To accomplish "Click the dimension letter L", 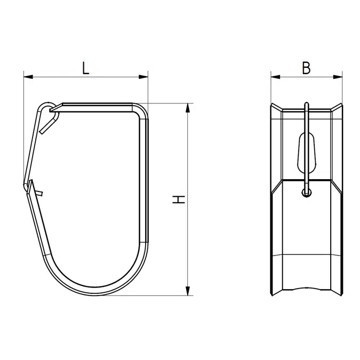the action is pyautogui.click(x=86, y=68).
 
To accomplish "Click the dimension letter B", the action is pyautogui.click(x=307, y=68).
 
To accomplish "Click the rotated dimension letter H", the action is pyautogui.click(x=179, y=199).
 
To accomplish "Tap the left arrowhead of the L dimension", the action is pyautogui.click(x=28, y=77).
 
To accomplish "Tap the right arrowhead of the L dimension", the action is pyautogui.click(x=143, y=77).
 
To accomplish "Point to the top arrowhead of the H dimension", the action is pyautogui.click(x=188, y=108).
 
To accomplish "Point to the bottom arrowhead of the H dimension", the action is pyautogui.click(x=188, y=291).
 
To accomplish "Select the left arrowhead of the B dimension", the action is pyautogui.click(x=276, y=77).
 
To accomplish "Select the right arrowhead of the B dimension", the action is pyautogui.click(x=338, y=77).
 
